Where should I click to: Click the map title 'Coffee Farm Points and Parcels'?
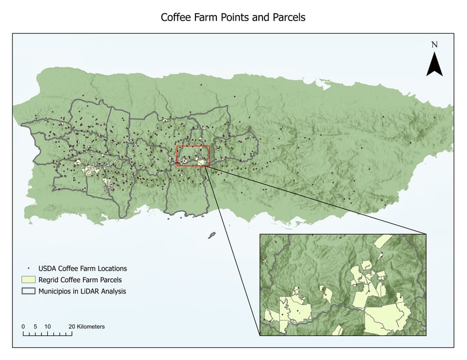(x=233, y=17)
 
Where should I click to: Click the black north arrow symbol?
(x=435, y=65)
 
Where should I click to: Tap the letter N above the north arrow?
(x=435, y=45)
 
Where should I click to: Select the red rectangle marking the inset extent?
(x=193, y=155)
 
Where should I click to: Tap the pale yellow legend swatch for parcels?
(x=28, y=280)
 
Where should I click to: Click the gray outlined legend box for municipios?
(x=28, y=291)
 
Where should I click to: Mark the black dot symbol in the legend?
(x=28, y=268)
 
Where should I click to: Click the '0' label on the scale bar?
(x=23, y=326)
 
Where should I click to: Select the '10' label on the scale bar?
(x=47, y=326)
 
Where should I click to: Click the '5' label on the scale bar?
(x=35, y=326)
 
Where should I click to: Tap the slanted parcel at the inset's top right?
(x=384, y=240)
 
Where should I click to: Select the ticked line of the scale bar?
(x=47, y=333)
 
